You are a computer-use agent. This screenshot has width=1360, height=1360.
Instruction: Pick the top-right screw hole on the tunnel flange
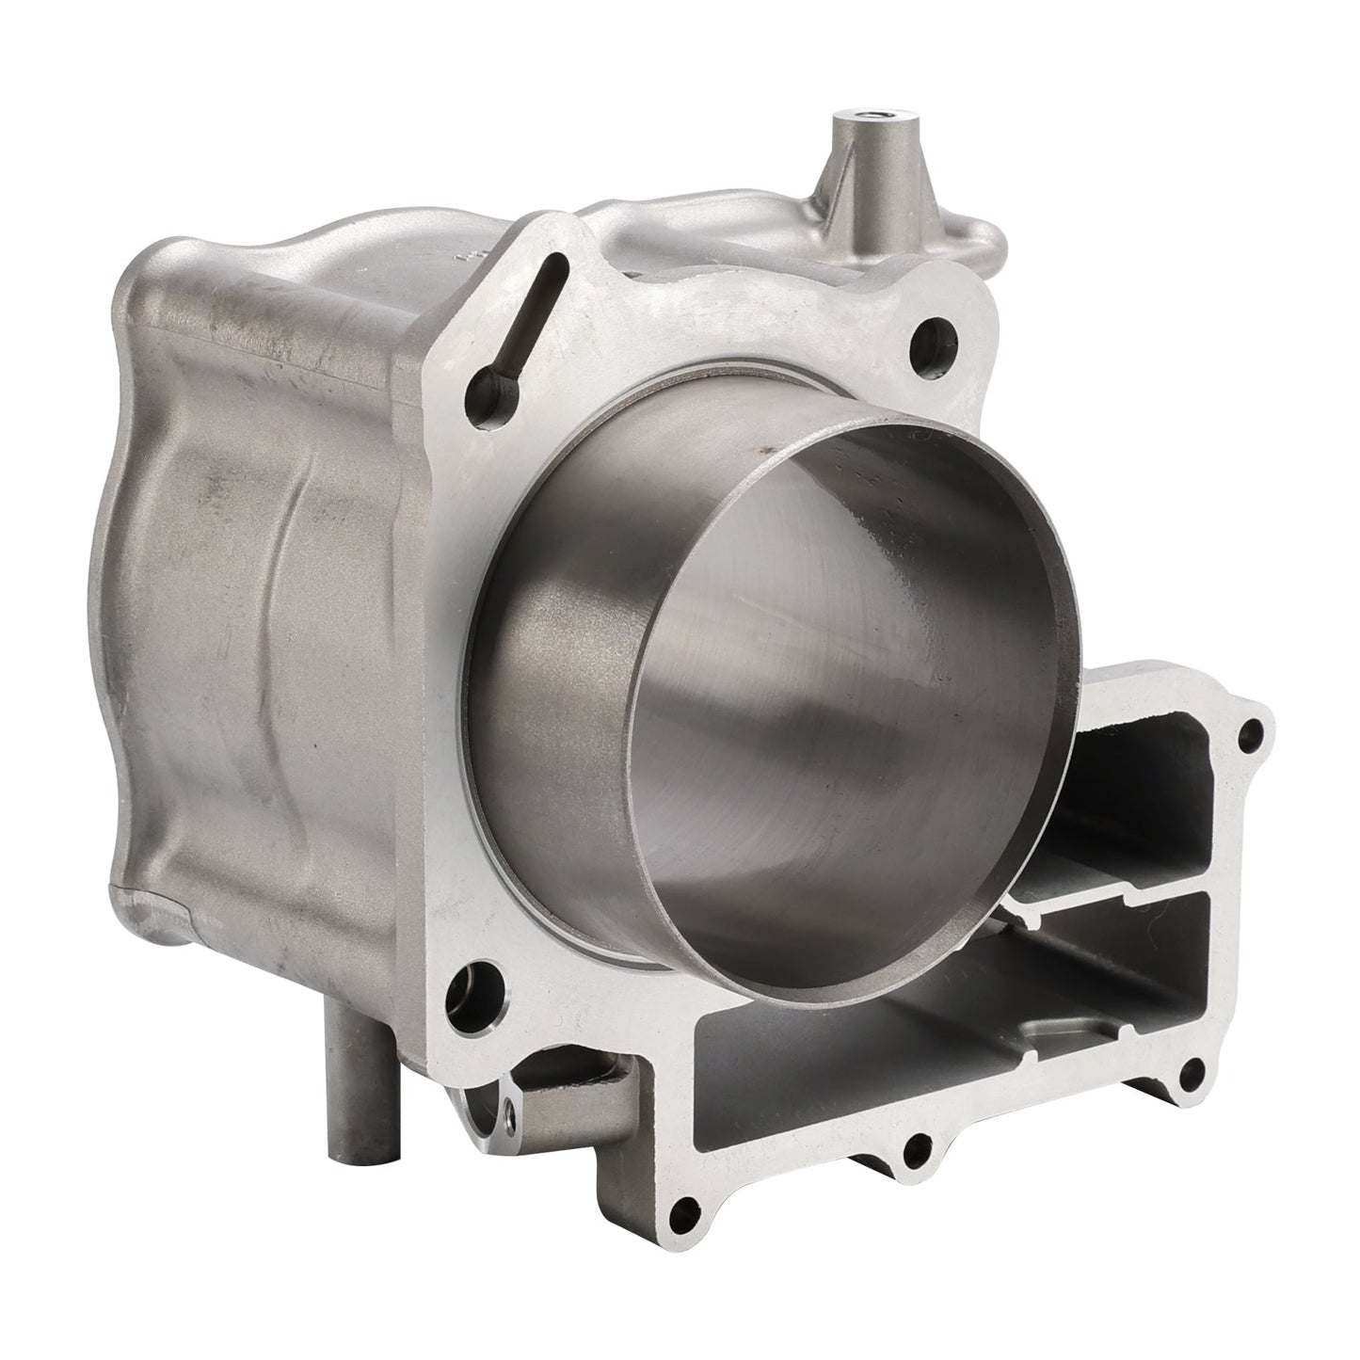click(1250, 732)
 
